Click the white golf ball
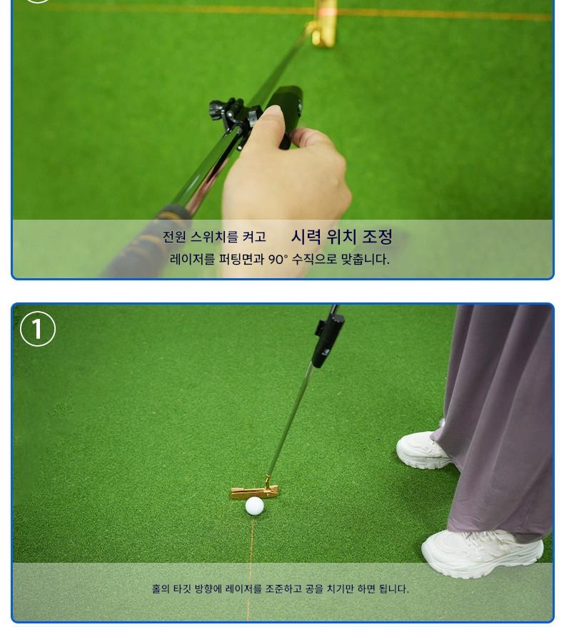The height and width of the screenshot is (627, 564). (255, 506)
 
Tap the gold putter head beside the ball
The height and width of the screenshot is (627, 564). (255, 490)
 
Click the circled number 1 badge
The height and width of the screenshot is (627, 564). (38, 329)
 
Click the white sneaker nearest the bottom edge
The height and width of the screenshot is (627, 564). (482, 554)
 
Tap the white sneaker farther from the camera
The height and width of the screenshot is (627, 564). (423, 449)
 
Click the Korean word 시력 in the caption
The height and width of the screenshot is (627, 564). (306, 237)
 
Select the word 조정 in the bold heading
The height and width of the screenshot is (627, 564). (377, 237)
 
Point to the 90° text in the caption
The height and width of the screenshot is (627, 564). (278, 260)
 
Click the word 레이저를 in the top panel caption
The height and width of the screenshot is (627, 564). (193, 260)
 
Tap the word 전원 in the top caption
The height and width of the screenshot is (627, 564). (174, 237)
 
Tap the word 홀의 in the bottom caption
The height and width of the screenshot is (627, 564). (161, 588)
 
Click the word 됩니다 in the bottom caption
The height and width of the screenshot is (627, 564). (394, 588)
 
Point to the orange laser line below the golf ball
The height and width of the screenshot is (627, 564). (251, 568)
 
